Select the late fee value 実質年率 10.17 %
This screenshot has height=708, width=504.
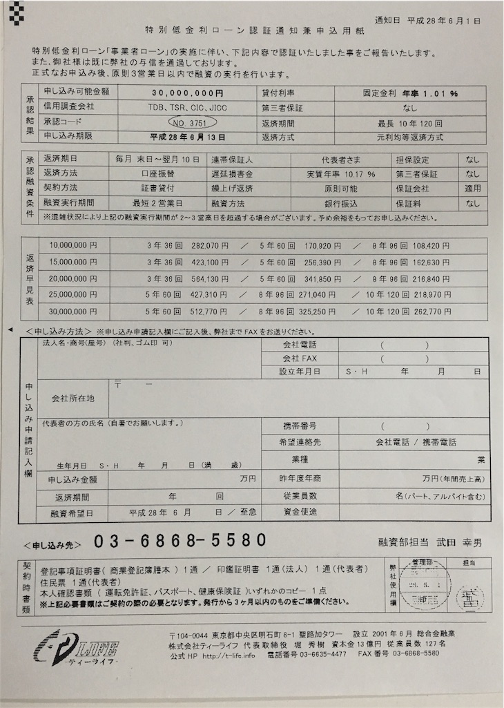pos(342,174)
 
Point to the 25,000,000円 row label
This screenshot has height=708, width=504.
pos(73,294)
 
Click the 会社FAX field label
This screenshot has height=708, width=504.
pos(300,358)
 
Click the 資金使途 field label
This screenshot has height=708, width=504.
pos(300,512)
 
